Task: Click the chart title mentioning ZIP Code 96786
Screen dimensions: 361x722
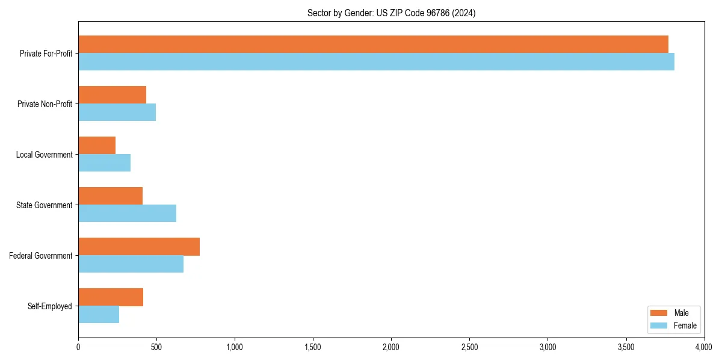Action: pos(391,13)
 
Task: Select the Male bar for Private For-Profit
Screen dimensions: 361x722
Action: pos(373,45)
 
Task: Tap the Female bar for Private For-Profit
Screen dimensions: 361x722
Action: pos(376,62)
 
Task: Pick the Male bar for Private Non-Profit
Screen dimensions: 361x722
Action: pos(112,95)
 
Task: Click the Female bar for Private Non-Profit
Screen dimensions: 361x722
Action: pos(117,113)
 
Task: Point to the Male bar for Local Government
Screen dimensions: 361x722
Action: pos(97,146)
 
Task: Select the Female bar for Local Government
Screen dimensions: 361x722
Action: pos(104,163)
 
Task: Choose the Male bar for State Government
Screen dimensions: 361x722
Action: pos(110,196)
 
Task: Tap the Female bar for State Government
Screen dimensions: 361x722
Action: pos(127,214)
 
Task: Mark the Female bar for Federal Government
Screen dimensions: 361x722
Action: pos(131,264)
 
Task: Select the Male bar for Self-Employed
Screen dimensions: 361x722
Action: pos(111,297)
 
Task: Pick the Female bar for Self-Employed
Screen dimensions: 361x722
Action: pos(99,315)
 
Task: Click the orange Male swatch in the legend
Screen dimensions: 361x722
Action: pos(659,313)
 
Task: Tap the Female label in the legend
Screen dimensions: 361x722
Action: pos(685,326)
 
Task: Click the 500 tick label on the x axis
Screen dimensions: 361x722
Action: pos(156,347)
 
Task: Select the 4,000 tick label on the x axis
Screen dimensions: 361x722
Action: pos(703,347)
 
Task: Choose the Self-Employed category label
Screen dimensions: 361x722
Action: pos(50,306)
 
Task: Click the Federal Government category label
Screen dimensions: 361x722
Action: pos(41,256)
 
